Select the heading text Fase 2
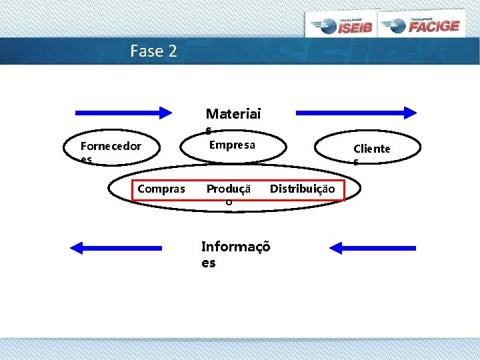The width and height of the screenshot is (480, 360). (154, 51)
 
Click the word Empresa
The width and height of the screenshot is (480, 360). (232, 145)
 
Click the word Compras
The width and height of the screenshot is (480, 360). (161, 189)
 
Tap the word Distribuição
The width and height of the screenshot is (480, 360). (302, 189)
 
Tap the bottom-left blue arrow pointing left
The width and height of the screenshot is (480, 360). (116, 248)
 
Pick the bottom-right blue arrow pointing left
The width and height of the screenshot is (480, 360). (372, 248)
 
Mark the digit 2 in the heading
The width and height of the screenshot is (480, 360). (173, 51)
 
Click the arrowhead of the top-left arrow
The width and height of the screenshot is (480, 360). (165, 112)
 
